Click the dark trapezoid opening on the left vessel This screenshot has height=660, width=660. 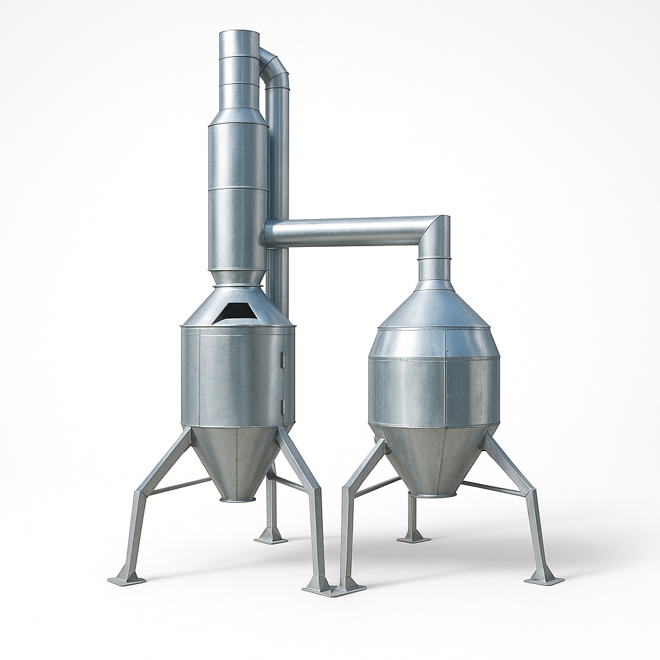click(x=237, y=312)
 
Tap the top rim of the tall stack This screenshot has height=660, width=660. click(x=238, y=32)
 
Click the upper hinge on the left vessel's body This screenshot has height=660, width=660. click(x=283, y=359)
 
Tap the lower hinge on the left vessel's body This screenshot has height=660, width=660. click(x=283, y=406)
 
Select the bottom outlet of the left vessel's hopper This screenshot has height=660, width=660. click(x=237, y=497)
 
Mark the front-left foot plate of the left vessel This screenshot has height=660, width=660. click(x=126, y=579)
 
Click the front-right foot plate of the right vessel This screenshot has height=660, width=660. click(x=543, y=579)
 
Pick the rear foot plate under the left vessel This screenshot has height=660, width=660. click(x=271, y=538)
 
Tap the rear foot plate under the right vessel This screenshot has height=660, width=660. click(x=413, y=537)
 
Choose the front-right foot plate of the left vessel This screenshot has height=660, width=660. click(x=319, y=587)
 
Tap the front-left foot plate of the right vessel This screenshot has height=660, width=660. click(x=349, y=586)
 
